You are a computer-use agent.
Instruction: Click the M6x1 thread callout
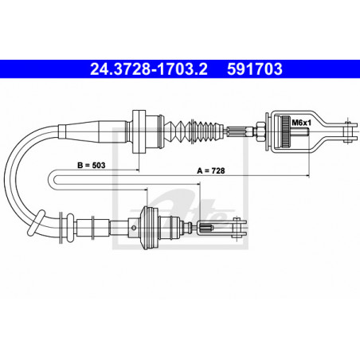point(299,122)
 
